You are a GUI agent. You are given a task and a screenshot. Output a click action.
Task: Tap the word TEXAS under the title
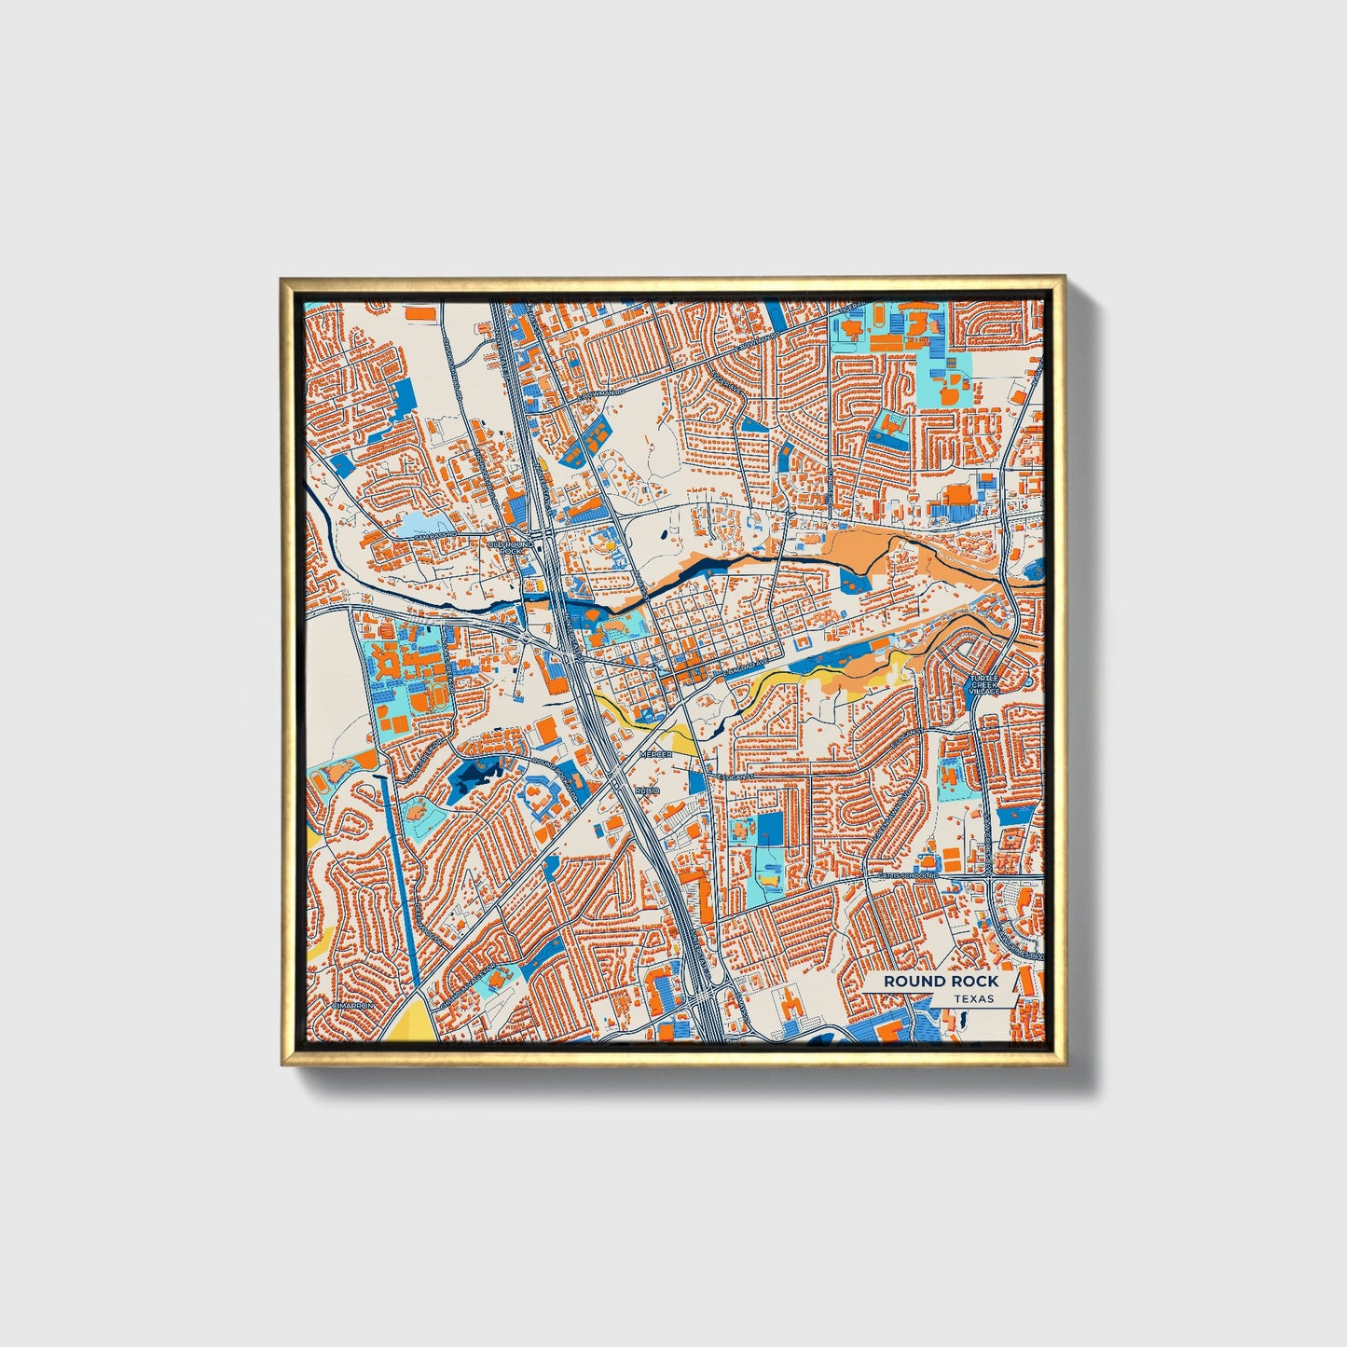[x=973, y=998]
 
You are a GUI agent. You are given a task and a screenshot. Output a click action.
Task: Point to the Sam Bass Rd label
[x=434, y=535]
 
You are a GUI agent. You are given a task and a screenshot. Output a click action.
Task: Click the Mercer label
[x=655, y=753]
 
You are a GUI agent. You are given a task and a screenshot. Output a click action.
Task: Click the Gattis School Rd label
[x=904, y=877]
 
